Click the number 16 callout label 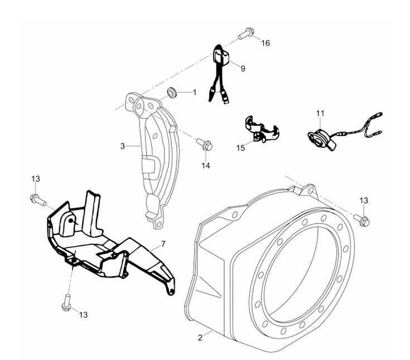click(266, 43)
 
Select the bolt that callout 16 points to click(245, 34)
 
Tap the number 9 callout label click(243, 69)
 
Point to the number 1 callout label click(195, 92)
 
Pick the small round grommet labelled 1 click(173, 91)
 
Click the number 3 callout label click(122, 146)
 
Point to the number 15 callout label click(240, 148)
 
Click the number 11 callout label click(320, 113)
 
